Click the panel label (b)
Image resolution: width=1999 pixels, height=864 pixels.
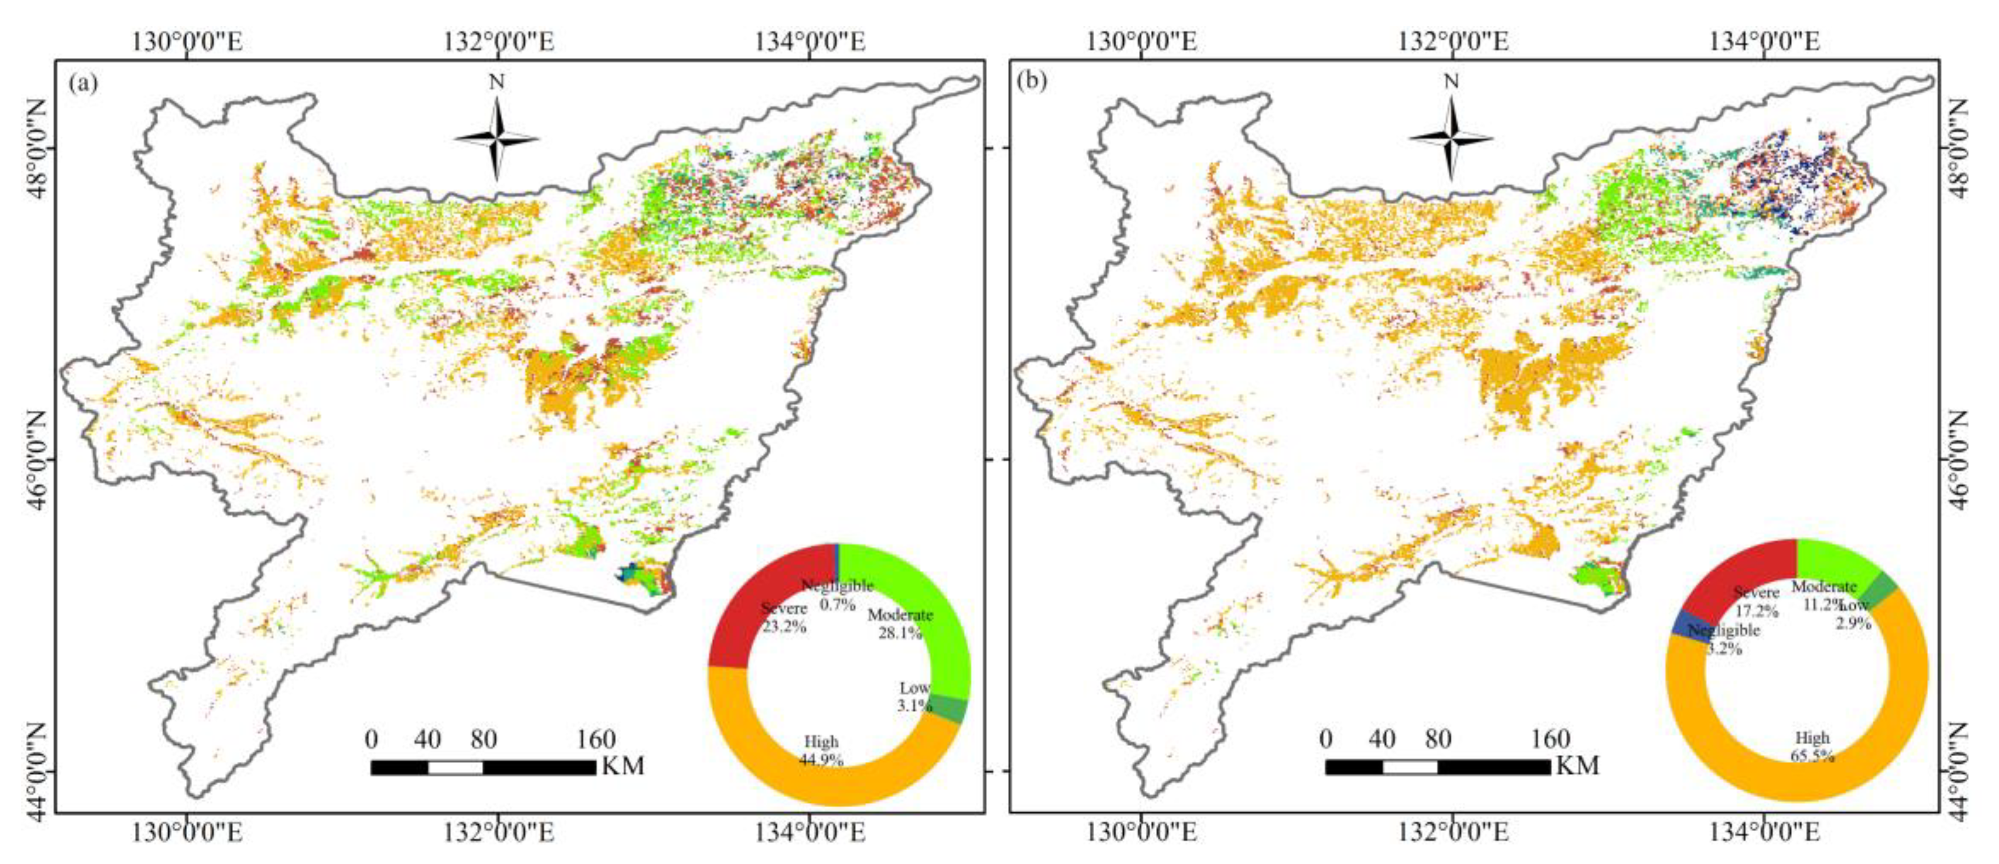1032,82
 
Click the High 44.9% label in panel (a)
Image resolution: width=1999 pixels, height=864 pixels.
821,751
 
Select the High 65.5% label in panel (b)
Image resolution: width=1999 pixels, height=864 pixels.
1812,746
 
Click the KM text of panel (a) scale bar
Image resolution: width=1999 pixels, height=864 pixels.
622,766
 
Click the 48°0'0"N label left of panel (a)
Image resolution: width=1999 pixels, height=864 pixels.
36,147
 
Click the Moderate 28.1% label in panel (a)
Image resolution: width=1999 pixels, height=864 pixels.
900,623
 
